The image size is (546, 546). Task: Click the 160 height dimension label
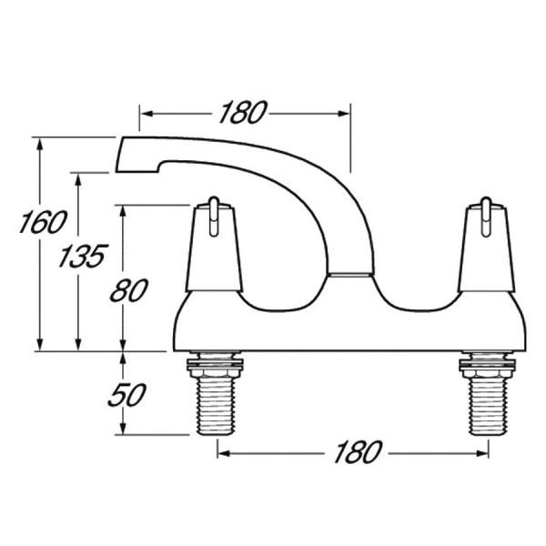(x=43, y=222)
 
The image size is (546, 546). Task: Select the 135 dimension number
(x=83, y=256)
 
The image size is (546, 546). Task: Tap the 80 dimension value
(x=129, y=290)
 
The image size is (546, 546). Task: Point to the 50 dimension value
(x=126, y=395)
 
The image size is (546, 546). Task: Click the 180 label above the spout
(x=243, y=112)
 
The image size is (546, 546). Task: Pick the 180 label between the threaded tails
(x=358, y=452)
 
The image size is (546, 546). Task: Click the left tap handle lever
(x=214, y=217)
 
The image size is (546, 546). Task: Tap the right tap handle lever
(x=486, y=217)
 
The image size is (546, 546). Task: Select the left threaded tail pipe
(x=214, y=406)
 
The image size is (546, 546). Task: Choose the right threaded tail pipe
(x=487, y=406)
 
